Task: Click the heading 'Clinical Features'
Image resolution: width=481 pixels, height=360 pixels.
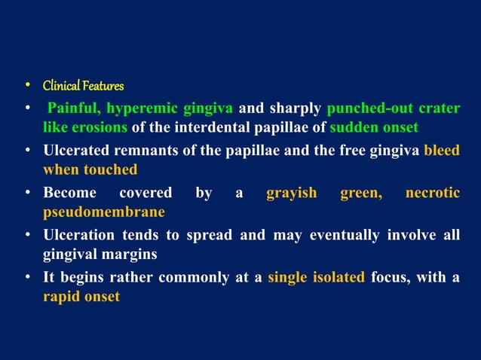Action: (x=83, y=86)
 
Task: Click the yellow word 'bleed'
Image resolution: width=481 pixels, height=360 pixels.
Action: (x=442, y=150)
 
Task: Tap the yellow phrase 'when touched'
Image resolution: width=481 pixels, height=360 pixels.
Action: (x=90, y=169)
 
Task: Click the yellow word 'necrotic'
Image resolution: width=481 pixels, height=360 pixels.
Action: (x=433, y=194)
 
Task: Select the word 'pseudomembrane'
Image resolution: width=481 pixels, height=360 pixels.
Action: (x=104, y=212)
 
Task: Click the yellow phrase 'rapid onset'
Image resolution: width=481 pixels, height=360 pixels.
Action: (x=81, y=297)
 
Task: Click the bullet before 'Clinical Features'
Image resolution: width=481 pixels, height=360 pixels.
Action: (x=27, y=86)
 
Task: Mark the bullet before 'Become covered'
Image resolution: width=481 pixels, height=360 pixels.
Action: (x=27, y=194)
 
